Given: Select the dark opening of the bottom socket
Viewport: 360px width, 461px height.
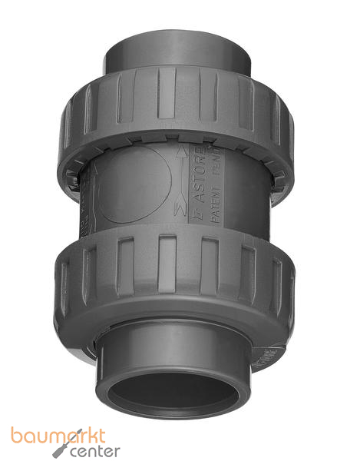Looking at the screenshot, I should coord(173,394).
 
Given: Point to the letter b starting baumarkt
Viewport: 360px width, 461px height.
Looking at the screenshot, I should coord(16,436).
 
